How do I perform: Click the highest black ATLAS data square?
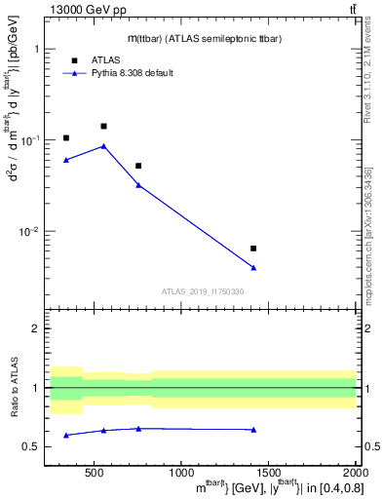[103, 126]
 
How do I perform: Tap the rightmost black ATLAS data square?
[253, 249]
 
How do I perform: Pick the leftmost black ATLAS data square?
[66, 138]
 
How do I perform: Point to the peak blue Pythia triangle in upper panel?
[103, 146]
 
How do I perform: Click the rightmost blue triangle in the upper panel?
[253, 268]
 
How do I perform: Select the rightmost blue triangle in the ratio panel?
[253, 430]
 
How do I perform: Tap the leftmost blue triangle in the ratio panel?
[66, 435]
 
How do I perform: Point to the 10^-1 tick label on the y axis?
[30, 140]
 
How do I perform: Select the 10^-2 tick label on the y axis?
[30, 232]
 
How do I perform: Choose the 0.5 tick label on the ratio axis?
[31, 446]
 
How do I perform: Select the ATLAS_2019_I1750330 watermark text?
[203, 291]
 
